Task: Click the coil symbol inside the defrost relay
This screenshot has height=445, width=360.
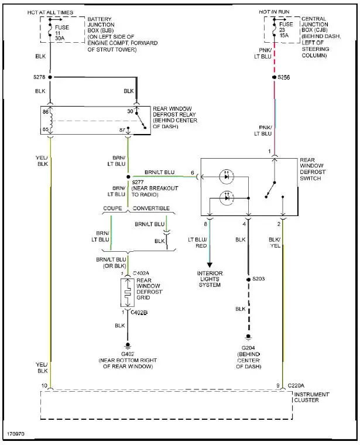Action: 50,120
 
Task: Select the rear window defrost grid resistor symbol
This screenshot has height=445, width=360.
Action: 128,293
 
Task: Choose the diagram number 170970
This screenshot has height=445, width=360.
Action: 16,436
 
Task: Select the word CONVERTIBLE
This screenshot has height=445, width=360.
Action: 151,208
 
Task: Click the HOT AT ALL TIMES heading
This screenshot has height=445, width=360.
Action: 51,11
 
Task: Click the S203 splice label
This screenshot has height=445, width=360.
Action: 259,278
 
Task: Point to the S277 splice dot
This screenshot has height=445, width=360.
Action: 128,176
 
